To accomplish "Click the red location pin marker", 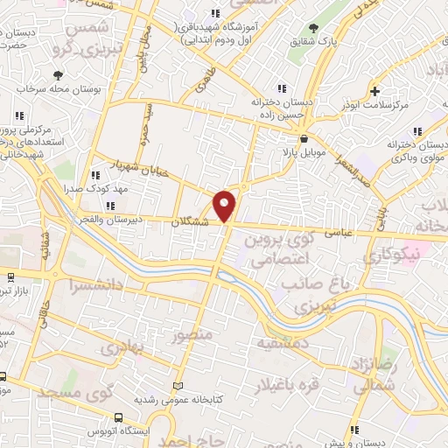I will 226,205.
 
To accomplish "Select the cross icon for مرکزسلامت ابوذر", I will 374,90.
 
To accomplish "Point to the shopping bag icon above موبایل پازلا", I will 303,138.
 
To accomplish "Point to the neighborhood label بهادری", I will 119,347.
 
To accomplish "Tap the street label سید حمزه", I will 143,123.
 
